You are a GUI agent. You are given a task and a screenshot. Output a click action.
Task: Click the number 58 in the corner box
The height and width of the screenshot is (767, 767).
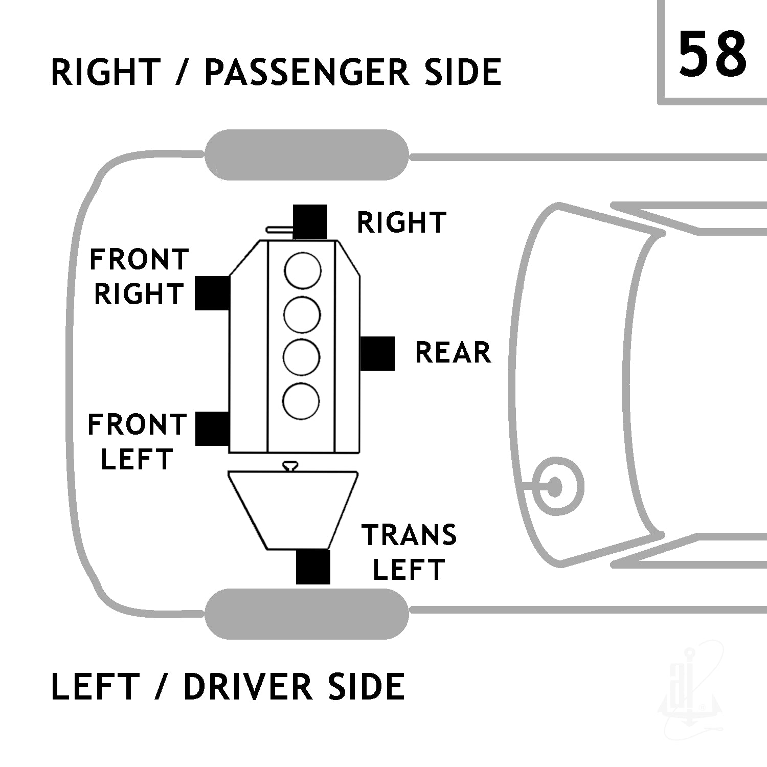pos(712,54)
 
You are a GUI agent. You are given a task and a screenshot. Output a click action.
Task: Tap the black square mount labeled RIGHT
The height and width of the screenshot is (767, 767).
pos(310,221)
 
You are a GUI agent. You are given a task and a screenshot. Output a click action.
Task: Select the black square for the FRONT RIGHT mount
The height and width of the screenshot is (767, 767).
pos(212,293)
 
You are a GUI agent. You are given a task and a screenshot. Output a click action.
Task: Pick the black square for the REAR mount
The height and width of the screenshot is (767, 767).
pos(377,353)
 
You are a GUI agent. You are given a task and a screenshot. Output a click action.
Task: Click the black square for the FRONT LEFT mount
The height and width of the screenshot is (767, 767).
pos(212,428)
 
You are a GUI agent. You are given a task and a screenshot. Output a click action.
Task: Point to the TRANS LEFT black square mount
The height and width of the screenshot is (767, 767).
pos(313,567)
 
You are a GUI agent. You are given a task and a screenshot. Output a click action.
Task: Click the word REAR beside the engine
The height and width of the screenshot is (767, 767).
pos(453,353)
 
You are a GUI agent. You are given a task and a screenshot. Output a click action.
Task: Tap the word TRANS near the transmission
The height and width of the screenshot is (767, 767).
pos(409,535)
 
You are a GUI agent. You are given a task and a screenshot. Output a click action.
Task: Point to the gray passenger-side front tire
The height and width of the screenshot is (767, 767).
pos(307,155)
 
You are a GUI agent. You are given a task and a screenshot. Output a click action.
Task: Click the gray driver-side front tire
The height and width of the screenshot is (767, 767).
pos(307,614)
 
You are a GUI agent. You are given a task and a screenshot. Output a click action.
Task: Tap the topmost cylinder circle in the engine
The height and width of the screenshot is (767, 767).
pos(303,270)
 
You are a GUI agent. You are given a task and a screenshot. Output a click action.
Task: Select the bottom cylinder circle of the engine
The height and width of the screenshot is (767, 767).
pos(302,400)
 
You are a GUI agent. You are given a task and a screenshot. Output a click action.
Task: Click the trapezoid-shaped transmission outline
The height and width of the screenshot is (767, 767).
pos(293,510)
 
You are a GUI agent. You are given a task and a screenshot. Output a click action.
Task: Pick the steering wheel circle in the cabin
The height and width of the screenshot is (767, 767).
pos(554,486)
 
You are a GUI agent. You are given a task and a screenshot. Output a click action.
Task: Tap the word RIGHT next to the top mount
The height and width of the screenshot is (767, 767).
pos(401,222)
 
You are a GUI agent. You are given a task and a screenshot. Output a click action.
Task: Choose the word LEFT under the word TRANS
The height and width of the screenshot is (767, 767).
pos(409,570)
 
